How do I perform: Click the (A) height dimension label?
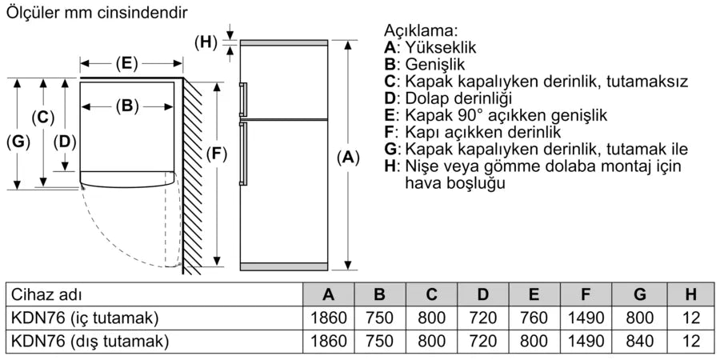point(348,158)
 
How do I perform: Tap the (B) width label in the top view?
point(127,106)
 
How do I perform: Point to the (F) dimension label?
point(216,154)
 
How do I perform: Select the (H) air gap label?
point(206,42)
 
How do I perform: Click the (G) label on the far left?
point(18,142)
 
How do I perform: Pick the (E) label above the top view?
point(126,63)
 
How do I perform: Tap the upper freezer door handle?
point(242,99)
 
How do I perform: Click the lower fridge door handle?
point(242,153)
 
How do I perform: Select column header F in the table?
point(586,294)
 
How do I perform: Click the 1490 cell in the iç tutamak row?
point(586,318)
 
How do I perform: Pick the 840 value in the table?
point(640,341)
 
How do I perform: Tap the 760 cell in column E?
point(534,318)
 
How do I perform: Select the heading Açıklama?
point(421,30)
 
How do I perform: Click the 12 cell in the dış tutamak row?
point(691,341)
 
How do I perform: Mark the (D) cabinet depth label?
point(65,142)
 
